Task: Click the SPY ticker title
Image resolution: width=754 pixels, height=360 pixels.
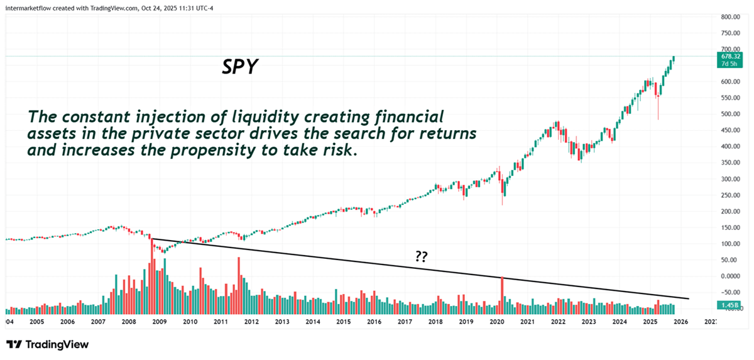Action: click(x=239, y=67)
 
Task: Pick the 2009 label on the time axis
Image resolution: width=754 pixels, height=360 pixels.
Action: click(x=159, y=322)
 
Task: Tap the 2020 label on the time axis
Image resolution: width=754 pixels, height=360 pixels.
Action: click(x=497, y=322)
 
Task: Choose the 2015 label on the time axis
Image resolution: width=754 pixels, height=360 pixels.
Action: click(x=343, y=322)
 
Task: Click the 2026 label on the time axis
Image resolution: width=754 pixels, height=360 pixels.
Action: click(x=681, y=322)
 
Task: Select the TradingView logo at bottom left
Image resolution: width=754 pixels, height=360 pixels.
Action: click(x=48, y=344)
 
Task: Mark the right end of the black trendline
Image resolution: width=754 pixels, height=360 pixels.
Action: click(x=689, y=298)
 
